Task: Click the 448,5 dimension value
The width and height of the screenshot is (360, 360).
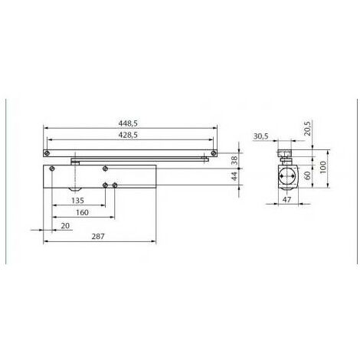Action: pos(128,123)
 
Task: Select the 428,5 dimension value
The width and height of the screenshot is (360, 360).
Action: pos(128,135)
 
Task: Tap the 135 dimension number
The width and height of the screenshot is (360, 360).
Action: pos(77,201)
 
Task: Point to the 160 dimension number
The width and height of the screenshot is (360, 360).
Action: pos(82,212)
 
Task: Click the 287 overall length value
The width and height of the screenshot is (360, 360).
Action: pos(98,237)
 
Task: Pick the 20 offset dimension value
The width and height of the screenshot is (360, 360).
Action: pos(65,226)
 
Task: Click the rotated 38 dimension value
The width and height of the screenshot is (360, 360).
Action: pos(234,160)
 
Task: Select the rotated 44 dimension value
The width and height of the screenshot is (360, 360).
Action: pos(234,176)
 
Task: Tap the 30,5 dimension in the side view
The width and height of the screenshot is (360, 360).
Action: pos(260,136)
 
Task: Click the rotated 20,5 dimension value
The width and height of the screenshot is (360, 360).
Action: pos(308,129)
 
